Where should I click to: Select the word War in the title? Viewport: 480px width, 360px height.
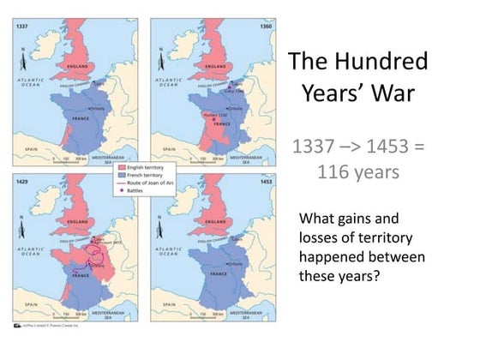tap(402, 93)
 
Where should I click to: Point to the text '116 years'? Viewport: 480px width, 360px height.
tap(357, 171)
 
